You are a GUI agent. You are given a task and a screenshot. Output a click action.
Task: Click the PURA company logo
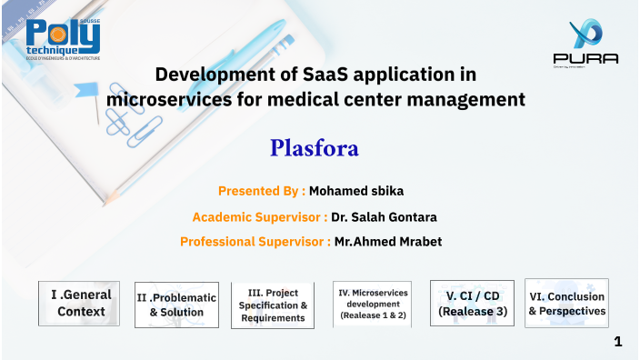585,44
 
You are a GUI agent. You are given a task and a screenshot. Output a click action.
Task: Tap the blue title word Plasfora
315,147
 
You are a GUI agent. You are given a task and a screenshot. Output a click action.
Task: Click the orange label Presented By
261,191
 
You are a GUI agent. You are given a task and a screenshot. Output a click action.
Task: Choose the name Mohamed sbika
356,191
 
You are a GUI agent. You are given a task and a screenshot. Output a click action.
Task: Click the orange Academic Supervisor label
260,216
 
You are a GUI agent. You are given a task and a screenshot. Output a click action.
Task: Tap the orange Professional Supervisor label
255,242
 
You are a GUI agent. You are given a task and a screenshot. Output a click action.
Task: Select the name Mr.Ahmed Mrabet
388,242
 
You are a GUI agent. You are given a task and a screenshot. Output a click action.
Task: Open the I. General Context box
81,303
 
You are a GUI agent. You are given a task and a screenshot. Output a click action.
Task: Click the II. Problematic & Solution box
176,305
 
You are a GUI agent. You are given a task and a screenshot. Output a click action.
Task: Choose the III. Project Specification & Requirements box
273,305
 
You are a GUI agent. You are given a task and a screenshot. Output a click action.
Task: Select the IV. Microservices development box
373,304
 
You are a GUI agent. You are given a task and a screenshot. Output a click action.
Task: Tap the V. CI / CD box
472,303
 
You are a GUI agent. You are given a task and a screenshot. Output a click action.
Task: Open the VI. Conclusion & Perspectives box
566,303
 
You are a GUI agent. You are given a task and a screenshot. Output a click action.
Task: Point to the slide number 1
618,342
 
